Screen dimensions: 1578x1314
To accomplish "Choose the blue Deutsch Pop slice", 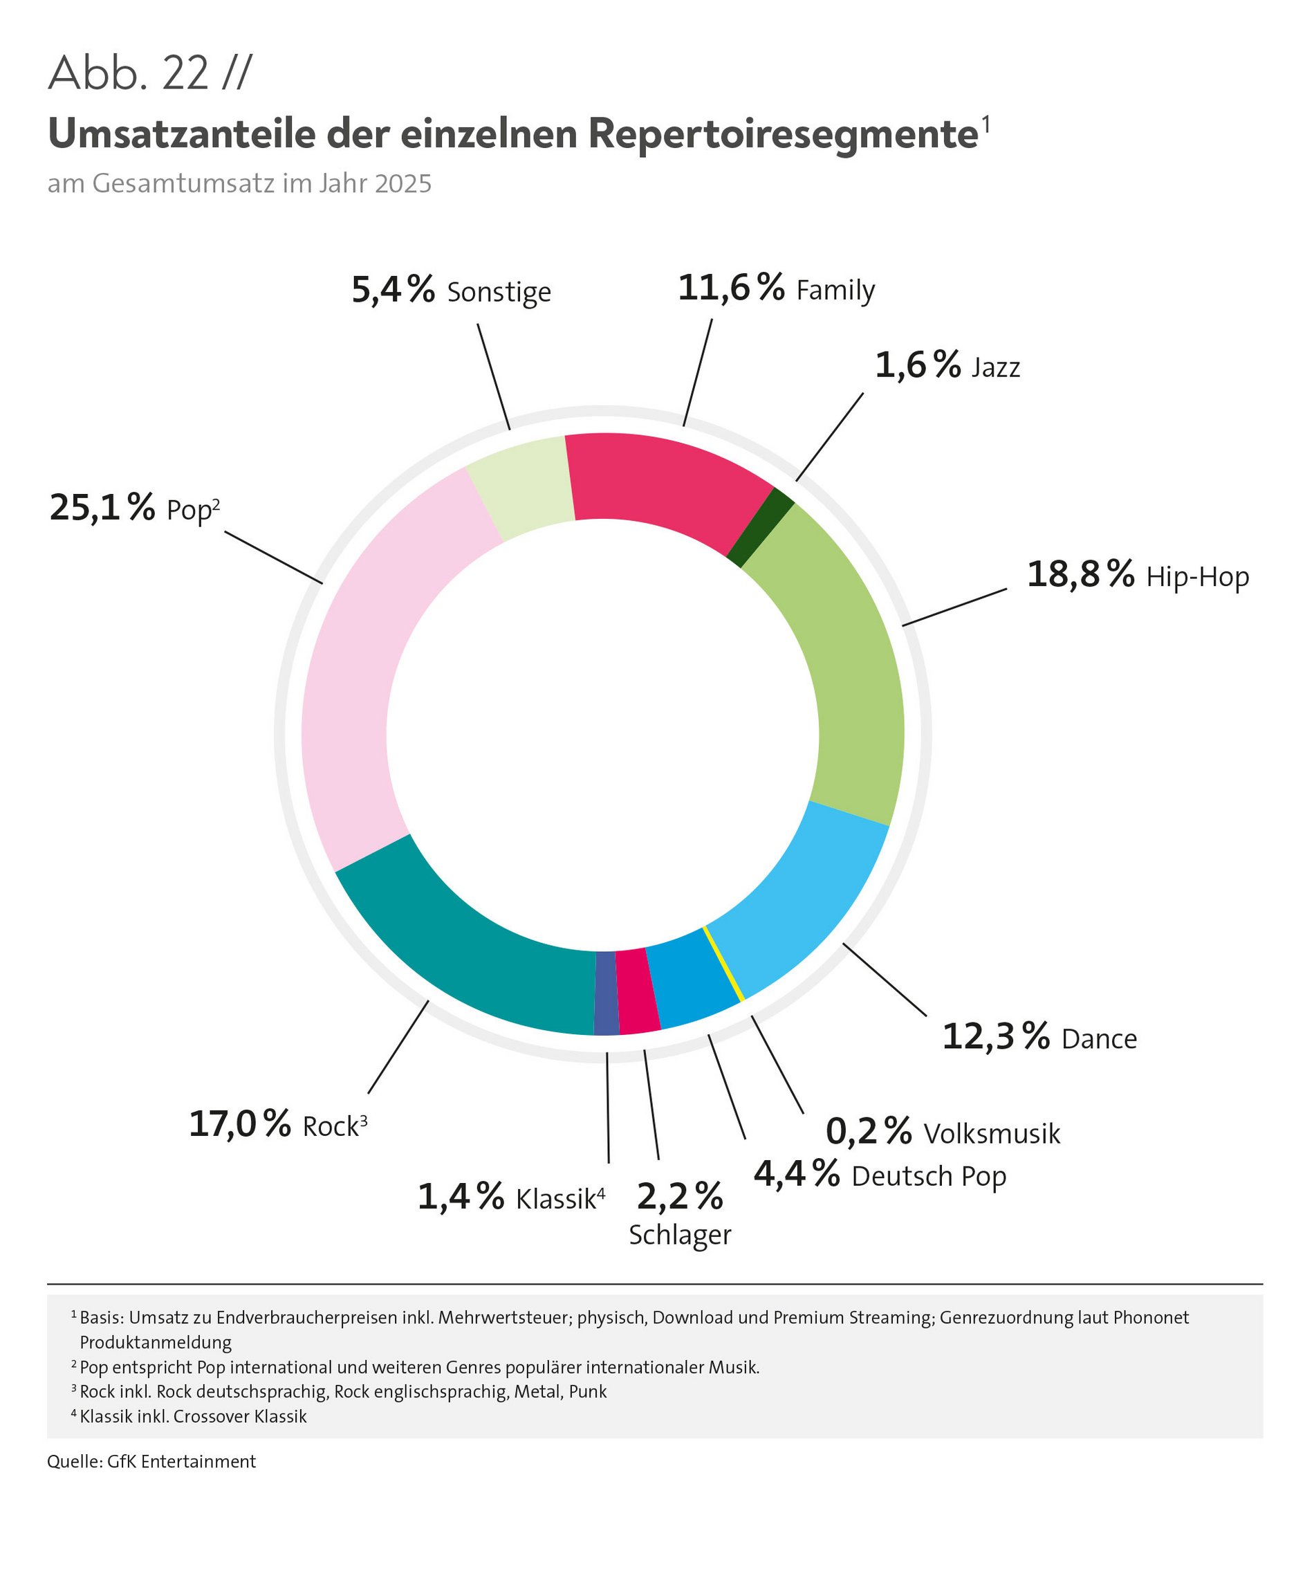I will pyautogui.click(x=690, y=980).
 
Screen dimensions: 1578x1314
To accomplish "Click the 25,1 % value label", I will pyautogui.click(x=102, y=508).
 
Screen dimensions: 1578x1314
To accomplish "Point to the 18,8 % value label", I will pyautogui.click(x=1080, y=575).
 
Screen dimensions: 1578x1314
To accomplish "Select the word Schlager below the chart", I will pyautogui.click(x=680, y=1236).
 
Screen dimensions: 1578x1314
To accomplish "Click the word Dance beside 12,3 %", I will pyautogui.click(x=1099, y=1039).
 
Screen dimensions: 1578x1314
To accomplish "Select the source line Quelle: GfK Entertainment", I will pyautogui.click(x=151, y=1462).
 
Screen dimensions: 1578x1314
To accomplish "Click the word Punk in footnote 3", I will pyautogui.click(x=588, y=1392).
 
